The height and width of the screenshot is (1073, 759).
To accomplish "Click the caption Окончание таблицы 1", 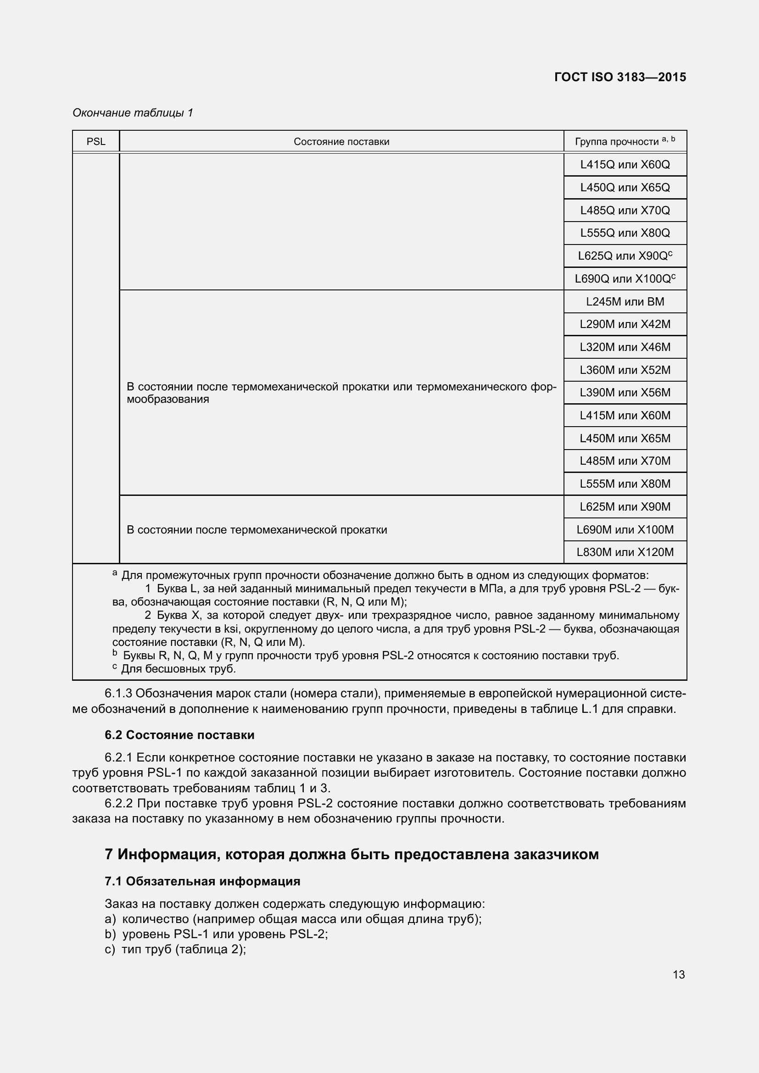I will pyautogui.click(x=133, y=113).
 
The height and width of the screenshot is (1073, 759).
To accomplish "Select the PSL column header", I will pyautogui.click(x=96, y=142).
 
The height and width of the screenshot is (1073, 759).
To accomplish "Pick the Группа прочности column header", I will pyautogui.click(x=625, y=142).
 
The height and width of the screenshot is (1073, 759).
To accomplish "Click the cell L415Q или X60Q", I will pyautogui.click(x=625, y=165).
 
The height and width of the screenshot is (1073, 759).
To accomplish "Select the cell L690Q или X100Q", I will pyautogui.click(x=625, y=279).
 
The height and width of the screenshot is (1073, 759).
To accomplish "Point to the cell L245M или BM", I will pyautogui.click(x=625, y=302).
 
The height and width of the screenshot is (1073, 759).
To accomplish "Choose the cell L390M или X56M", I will pyautogui.click(x=625, y=393).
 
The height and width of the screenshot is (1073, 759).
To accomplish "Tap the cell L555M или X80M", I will pyautogui.click(x=625, y=484).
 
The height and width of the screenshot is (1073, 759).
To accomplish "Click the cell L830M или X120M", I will pyautogui.click(x=625, y=552).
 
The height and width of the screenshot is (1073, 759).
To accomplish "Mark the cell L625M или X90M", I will pyautogui.click(x=625, y=506).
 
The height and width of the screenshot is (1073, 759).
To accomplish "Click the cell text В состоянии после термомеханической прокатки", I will pyautogui.click(x=257, y=530).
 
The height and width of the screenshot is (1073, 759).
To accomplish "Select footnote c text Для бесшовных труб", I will pyautogui.click(x=178, y=669).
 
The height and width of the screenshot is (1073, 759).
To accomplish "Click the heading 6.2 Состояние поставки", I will pyautogui.click(x=179, y=735).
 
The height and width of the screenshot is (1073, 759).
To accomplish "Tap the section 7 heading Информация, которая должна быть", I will pyautogui.click(x=352, y=854).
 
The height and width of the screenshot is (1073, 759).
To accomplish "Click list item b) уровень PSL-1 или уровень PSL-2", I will pyautogui.click(x=217, y=934).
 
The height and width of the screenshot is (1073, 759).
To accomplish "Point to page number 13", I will pyautogui.click(x=679, y=974).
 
